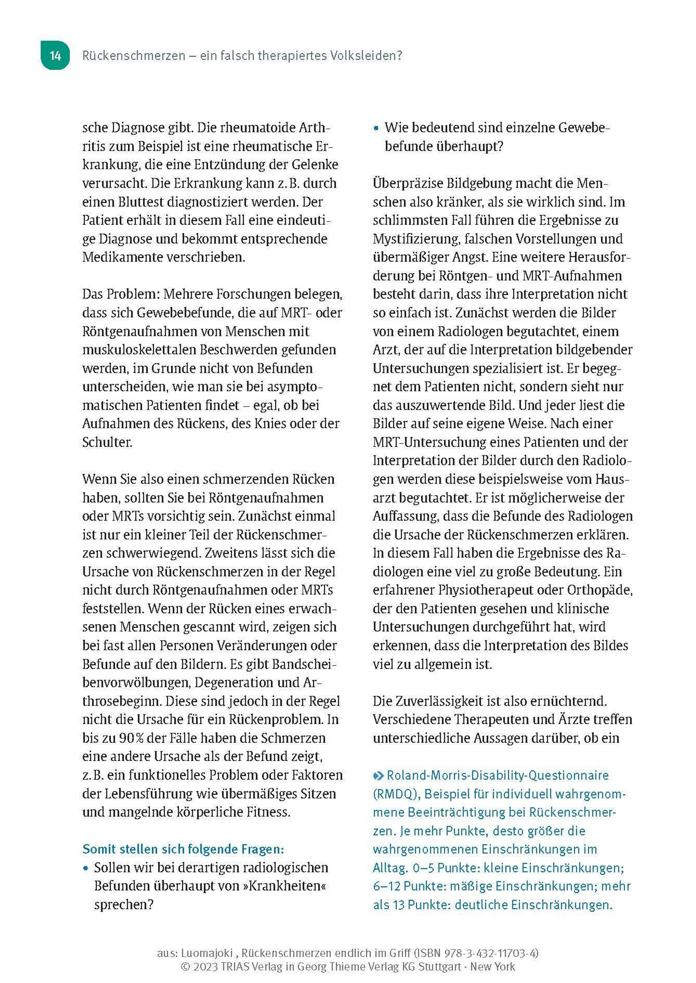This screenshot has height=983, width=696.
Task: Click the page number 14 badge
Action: click(55, 56)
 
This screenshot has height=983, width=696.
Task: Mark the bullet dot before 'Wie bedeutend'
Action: click(376, 128)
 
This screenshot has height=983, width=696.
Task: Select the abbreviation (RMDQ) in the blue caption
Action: click(396, 794)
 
